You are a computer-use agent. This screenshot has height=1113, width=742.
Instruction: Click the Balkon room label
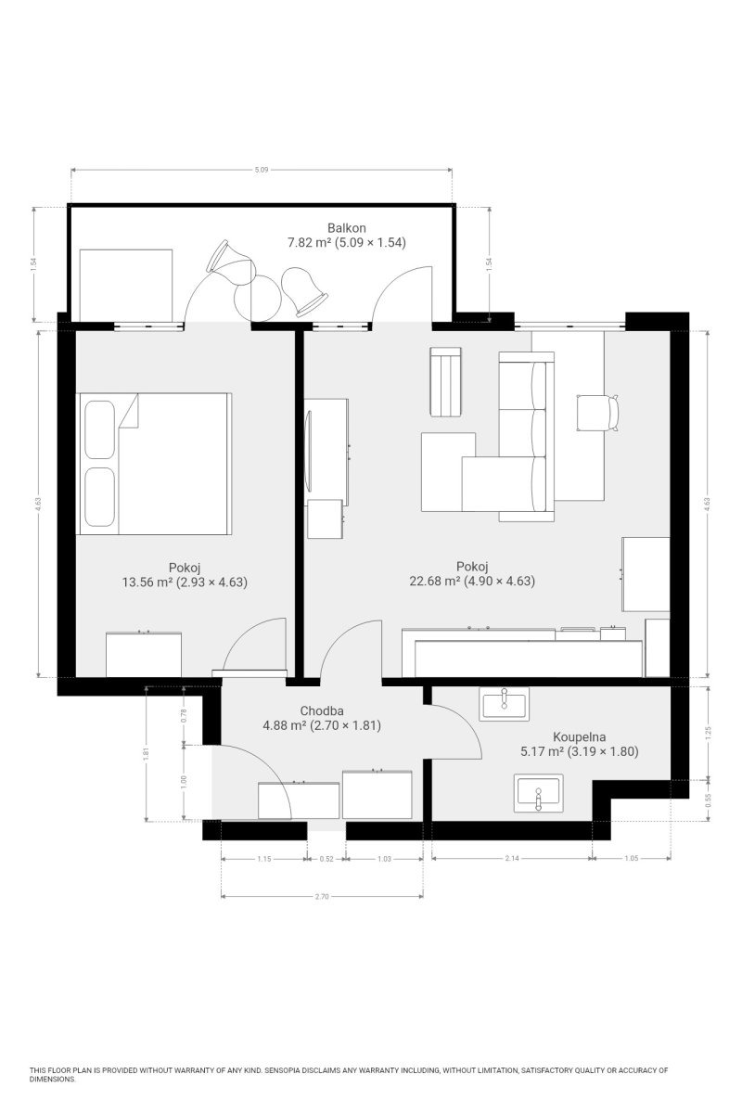346,228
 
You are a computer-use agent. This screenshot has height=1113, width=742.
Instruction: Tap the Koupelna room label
579,736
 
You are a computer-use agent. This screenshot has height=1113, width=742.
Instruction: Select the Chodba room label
322,711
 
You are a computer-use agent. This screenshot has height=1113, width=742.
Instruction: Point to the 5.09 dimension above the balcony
262,170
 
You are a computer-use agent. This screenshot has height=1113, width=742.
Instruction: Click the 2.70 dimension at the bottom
322,896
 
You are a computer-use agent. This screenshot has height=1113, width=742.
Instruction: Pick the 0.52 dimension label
326,859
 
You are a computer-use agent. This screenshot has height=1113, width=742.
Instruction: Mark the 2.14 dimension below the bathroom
512,858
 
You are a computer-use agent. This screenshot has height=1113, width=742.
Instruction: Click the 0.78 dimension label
184,715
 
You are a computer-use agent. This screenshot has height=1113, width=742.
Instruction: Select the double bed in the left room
154,464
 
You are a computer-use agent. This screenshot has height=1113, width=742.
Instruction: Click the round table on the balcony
257,298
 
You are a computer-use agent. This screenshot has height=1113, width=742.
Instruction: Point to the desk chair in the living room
598,413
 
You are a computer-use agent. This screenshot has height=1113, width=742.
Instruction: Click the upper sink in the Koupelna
504,704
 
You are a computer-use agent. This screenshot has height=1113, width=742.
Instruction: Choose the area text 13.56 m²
147,582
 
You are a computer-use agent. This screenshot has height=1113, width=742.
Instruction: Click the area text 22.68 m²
434,581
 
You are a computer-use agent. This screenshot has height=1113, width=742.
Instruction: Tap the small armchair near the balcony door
446,381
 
